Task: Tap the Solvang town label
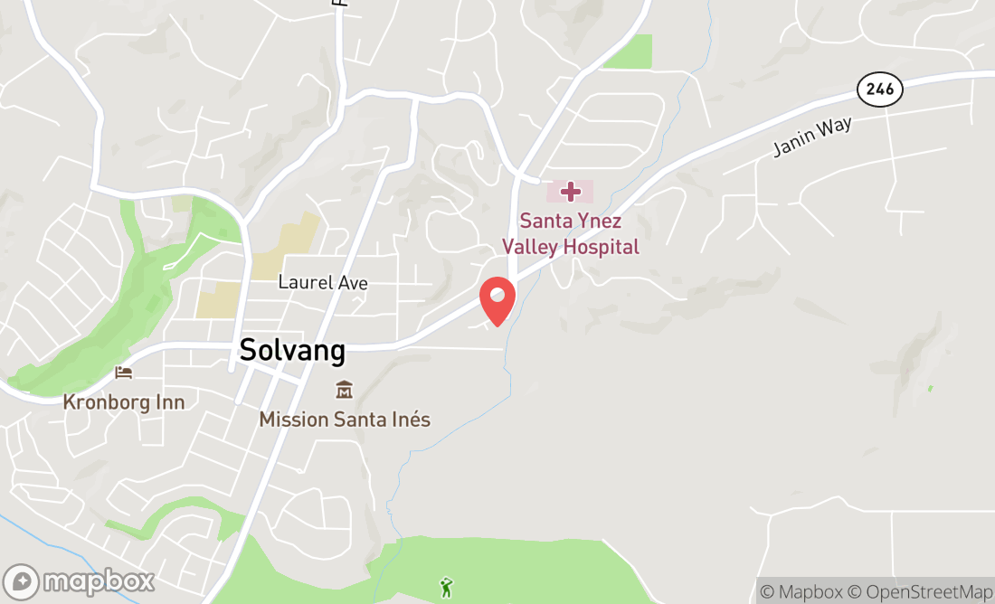coord(292,351)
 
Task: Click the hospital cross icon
coord(571,191)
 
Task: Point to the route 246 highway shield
coord(879,89)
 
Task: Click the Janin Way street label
coord(812,138)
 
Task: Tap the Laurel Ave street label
coord(322,283)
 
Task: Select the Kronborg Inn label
coord(123,401)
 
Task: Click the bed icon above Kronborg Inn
coord(124,373)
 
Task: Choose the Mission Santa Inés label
coord(345,420)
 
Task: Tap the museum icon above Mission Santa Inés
coord(344,391)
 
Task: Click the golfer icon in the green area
coord(446,588)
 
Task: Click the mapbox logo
coord(79,581)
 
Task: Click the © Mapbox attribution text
coord(801,592)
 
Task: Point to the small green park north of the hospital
coord(630,52)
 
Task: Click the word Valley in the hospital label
coord(533,247)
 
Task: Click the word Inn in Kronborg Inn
coord(169,401)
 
